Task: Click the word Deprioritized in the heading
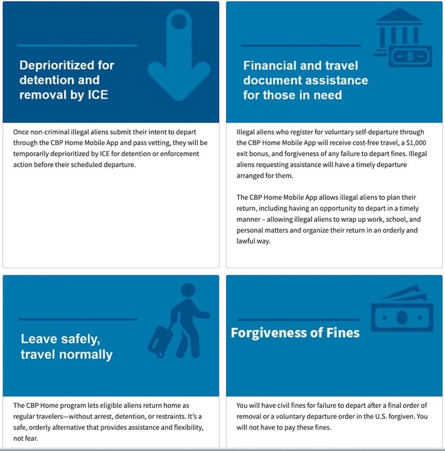click(x=66, y=66)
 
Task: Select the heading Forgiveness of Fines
click(x=295, y=333)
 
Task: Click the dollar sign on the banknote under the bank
click(x=410, y=57)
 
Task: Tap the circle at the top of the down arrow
click(x=179, y=22)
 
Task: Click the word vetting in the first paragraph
click(x=165, y=143)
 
